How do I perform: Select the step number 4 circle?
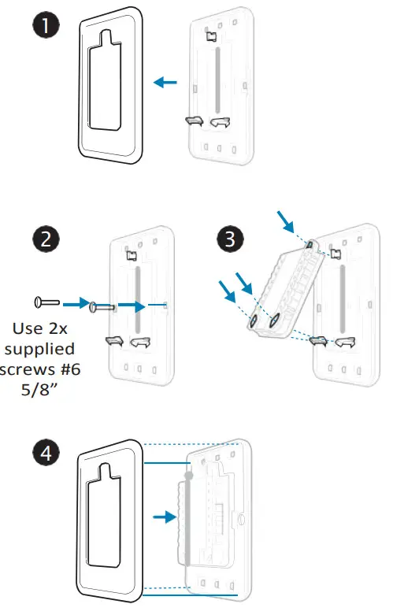48,454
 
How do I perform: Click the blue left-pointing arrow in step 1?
165,81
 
